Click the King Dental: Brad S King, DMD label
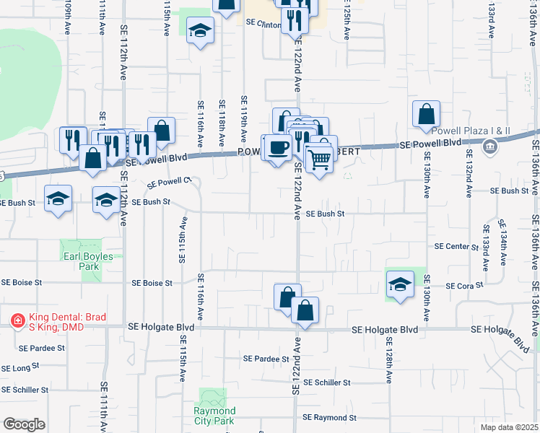(64, 321)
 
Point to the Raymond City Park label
(214, 416)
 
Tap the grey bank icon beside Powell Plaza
(490, 148)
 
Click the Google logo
(24, 424)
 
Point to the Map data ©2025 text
(510, 427)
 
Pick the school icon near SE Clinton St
(201, 31)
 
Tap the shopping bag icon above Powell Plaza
(426, 114)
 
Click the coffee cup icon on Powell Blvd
(278, 148)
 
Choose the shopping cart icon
(320, 161)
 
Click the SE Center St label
(456, 247)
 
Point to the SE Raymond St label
(329, 418)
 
